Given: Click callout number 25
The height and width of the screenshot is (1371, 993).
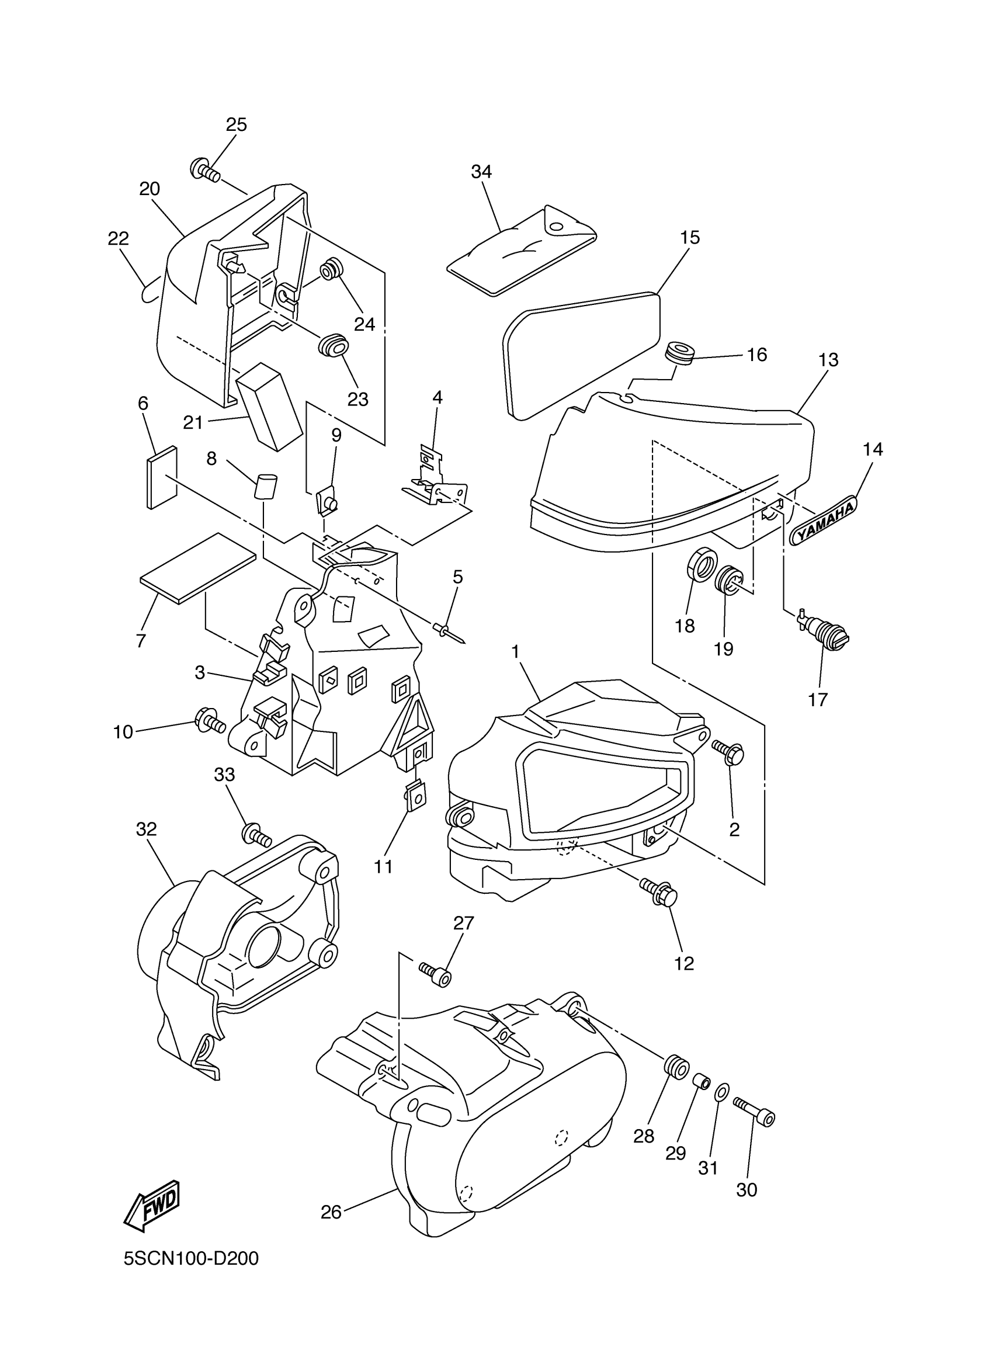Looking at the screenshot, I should point(237,124).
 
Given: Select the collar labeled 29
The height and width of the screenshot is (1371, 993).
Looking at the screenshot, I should point(702,1080).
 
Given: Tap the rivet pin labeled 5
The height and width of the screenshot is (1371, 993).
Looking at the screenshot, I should point(448,632).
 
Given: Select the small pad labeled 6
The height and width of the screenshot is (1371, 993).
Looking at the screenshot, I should point(162,477).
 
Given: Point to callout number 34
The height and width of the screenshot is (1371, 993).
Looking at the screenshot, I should point(481,172).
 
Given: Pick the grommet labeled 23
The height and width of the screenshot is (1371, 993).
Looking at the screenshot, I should point(333,345).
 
